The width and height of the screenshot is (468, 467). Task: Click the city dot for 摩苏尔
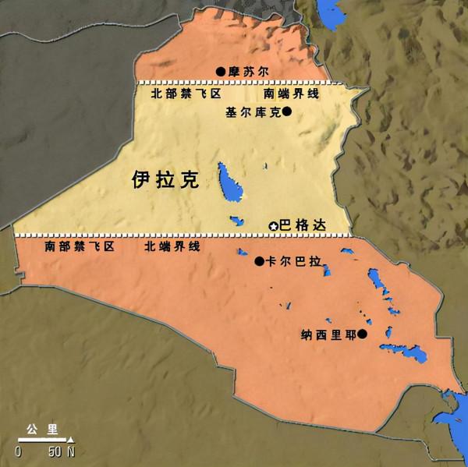[x=221, y=72]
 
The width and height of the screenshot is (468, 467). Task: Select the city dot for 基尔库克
[x=287, y=112]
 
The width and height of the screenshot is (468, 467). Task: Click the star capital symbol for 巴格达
[x=273, y=225]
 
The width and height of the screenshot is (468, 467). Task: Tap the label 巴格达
[x=302, y=225]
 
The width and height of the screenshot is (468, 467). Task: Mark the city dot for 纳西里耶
[x=363, y=334]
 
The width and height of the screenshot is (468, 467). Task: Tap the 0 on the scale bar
[x=18, y=451]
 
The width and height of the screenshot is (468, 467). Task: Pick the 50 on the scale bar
[x=55, y=451]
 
